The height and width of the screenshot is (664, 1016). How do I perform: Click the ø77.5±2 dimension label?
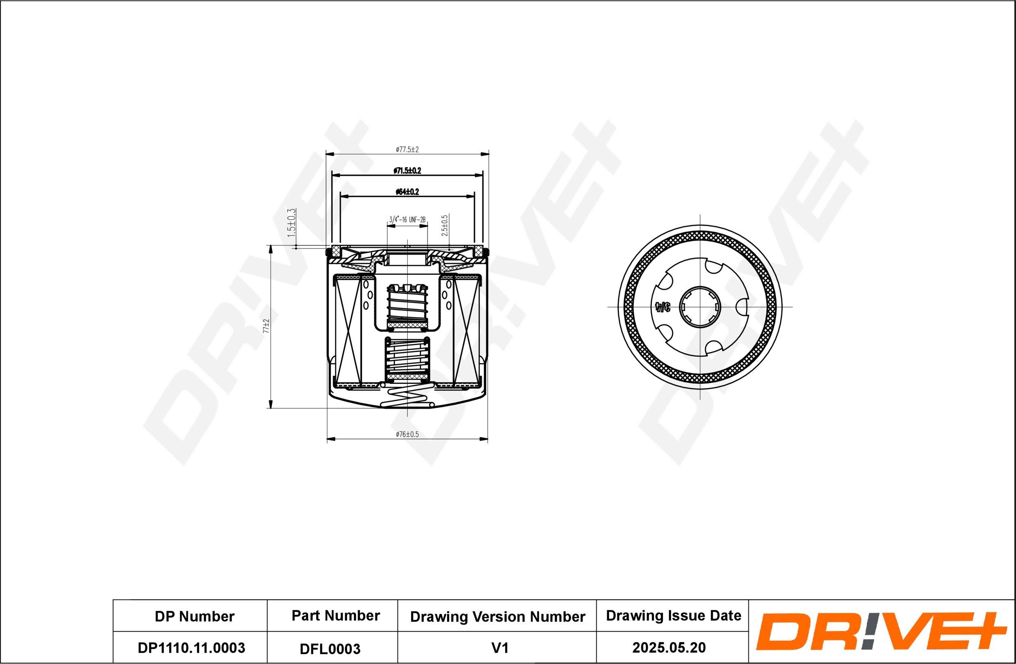click(x=407, y=150)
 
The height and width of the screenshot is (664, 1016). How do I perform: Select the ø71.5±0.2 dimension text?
click(x=407, y=171)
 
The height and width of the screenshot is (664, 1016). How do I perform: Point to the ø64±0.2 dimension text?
click(x=407, y=192)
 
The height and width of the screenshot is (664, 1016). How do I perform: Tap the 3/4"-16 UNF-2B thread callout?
click(x=407, y=220)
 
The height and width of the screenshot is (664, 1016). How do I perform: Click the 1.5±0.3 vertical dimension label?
click(x=291, y=223)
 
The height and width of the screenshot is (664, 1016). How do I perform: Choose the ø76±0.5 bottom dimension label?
click(x=407, y=434)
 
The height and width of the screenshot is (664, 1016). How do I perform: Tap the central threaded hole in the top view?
click(x=700, y=307)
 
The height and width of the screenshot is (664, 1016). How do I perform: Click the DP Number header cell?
click(x=194, y=616)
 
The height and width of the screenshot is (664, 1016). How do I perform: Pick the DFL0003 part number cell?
click(x=330, y=649)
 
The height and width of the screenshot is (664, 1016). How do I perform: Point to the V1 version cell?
click(x=499, y=648)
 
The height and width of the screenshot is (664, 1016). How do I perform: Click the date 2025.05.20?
click(x=669, y=648)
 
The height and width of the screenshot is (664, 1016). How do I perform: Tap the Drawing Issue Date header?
click(x=673, y=616)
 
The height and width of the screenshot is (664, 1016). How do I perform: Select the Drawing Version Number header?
click(x=497, y=616)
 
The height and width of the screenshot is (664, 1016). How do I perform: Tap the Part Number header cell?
click(x=336, y=616)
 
